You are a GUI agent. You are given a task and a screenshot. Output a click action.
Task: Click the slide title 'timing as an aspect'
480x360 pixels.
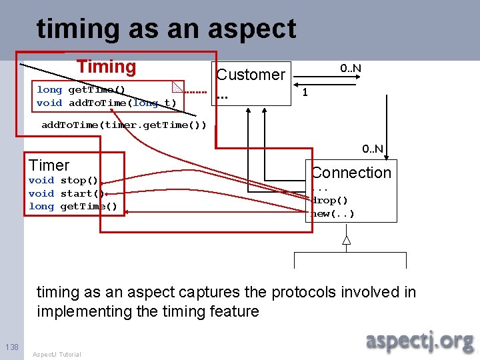point(167,29)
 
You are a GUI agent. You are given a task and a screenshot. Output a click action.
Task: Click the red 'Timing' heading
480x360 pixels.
point(106,67)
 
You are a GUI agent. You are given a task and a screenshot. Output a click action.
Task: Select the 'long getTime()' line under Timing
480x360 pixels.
point(81,89)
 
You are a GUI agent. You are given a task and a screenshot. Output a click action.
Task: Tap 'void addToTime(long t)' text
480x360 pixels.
point(107,103)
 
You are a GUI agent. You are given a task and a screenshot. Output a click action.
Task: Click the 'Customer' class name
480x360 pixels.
point(251,75)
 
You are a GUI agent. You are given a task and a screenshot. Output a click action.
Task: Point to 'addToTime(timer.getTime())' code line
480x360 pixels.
point(124,125)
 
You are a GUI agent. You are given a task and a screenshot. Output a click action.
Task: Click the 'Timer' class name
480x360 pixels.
point(49,165)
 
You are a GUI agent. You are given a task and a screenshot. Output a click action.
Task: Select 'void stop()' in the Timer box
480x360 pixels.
point(63,180)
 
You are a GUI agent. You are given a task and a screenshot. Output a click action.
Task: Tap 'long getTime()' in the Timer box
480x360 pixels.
point(73,207)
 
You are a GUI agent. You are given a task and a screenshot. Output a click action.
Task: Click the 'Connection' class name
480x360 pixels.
point(351,173)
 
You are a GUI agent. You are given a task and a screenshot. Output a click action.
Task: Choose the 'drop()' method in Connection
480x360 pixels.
point(330,200)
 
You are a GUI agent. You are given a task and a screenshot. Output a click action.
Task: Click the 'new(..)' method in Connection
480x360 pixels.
point(333,213)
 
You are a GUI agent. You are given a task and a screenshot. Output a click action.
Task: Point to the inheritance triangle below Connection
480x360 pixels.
point(346,241)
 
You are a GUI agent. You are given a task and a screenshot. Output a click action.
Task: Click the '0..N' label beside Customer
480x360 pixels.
point(351,68)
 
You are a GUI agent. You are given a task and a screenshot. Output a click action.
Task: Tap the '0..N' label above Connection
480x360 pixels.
point(372,149)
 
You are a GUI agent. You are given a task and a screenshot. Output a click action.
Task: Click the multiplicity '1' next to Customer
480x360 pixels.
point(305,92)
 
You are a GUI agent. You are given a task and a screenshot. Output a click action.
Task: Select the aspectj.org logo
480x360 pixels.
point(419,340)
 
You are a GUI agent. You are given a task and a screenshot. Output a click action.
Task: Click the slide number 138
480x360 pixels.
point(11,347)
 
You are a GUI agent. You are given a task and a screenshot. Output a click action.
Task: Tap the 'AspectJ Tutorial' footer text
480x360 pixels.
point(57,354)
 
